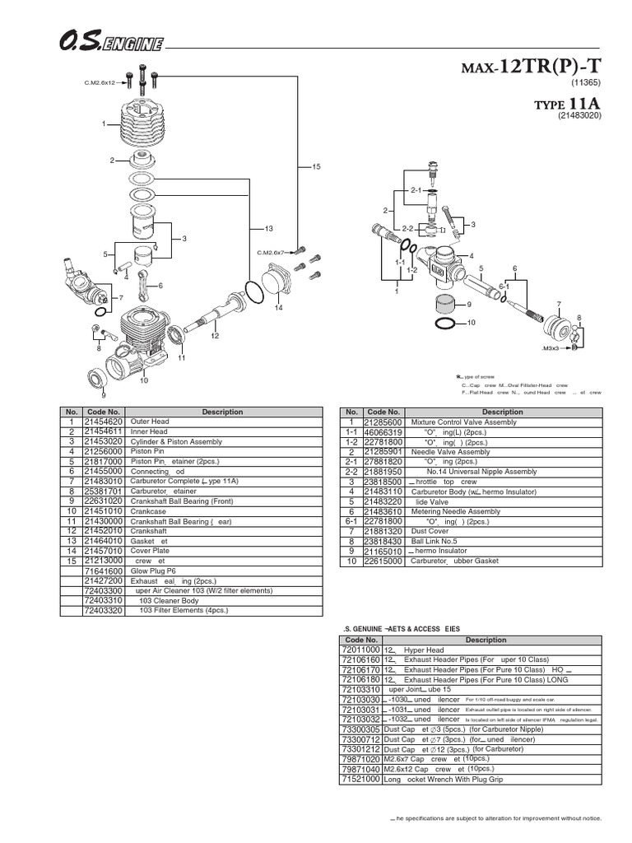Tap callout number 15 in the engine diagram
coord(314,167)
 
